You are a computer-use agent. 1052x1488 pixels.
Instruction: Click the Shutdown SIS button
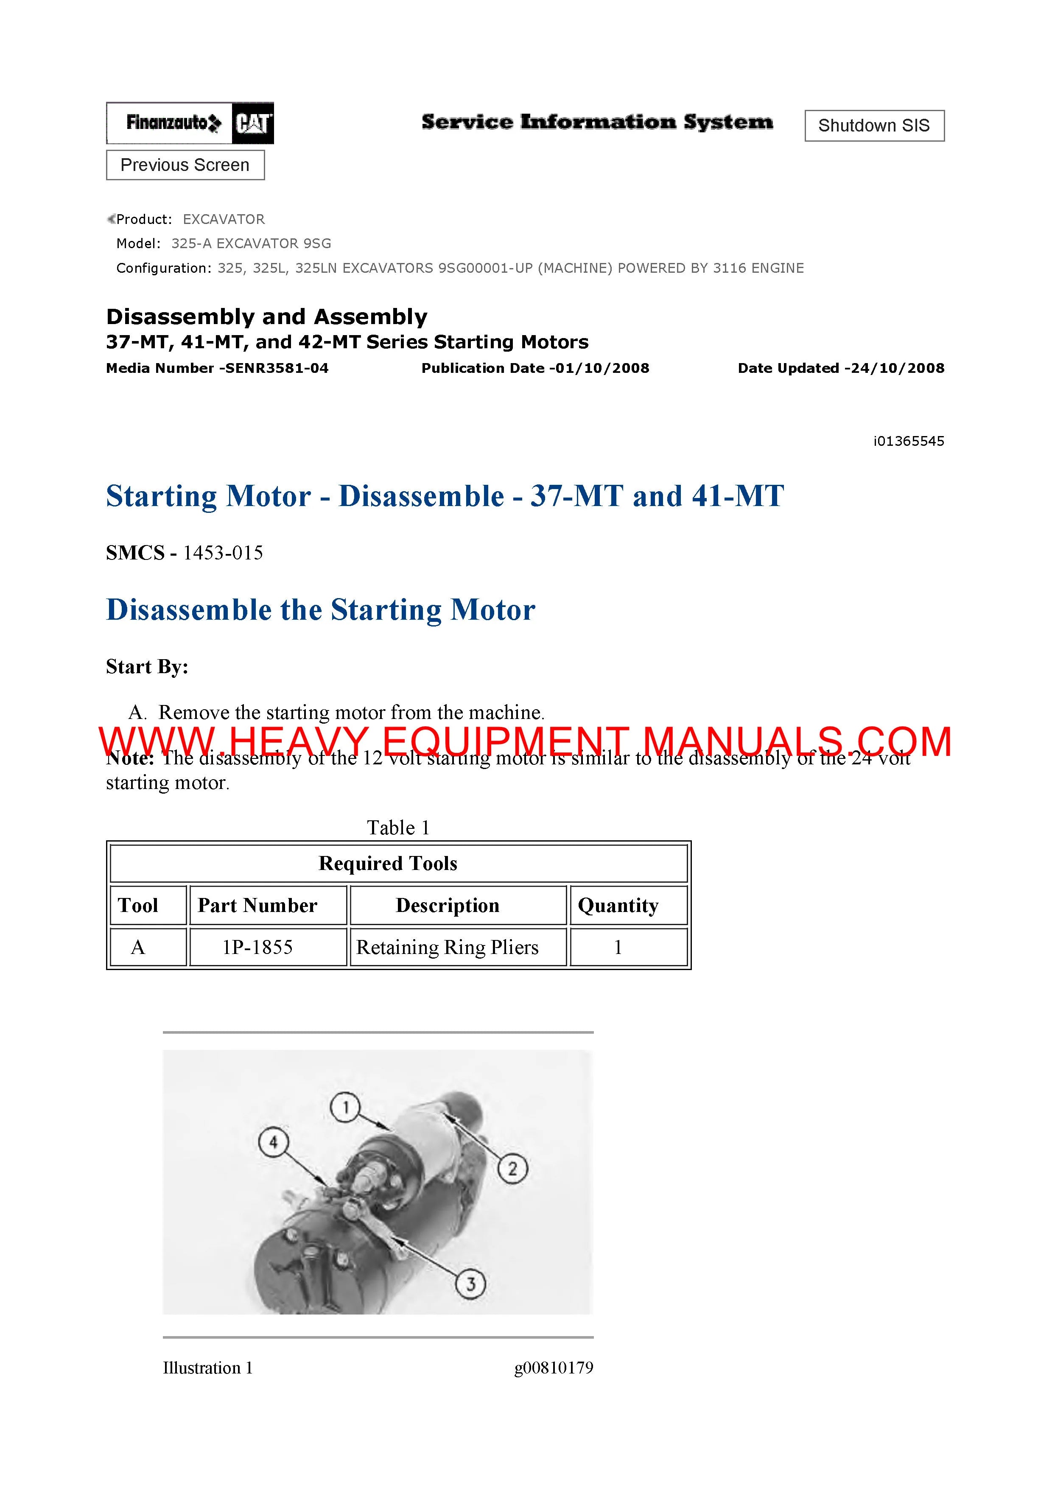coord(874,126)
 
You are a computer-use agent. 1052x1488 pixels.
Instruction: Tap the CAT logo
coord(253,123)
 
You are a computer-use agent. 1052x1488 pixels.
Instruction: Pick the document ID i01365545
coord(908,441)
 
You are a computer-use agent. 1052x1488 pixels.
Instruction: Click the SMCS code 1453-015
coord(223,553)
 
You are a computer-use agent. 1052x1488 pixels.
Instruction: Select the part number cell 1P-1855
coord(257,948)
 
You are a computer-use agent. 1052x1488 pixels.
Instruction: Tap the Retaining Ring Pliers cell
coord(447,948)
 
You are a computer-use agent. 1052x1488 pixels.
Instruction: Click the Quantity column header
coord(618,905)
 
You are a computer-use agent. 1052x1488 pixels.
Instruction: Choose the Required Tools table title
coord(388,863)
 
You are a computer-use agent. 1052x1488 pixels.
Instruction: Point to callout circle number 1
coord(345,1108)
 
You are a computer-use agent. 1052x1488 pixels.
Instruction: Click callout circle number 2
coord(512,1169)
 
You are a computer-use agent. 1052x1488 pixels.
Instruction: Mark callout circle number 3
coord(470,1283)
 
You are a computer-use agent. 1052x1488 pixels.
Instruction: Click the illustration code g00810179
coord(554,1368)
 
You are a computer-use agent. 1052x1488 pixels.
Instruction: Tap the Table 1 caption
coord(398,828)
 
